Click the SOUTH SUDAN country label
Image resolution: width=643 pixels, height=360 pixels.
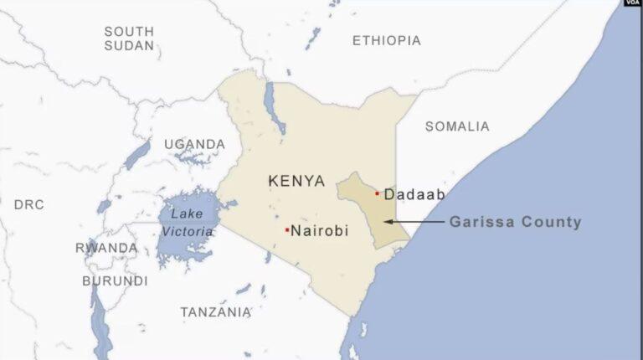(129, 38)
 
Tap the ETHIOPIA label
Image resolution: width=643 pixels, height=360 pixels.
(386, 40)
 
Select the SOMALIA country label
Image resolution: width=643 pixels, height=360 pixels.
(457, 126)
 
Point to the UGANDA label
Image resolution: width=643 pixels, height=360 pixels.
(194, 144)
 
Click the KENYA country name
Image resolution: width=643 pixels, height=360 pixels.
(296, 181)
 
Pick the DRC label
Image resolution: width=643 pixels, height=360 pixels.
(29, 204)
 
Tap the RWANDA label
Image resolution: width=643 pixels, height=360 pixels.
(106, 248)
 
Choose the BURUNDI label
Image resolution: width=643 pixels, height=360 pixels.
(115, 281)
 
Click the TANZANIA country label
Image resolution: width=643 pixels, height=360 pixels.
(215, 312)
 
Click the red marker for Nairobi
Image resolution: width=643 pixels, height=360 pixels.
(287, 229)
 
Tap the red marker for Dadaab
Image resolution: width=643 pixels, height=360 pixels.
(377, 193)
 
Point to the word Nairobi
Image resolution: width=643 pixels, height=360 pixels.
(319, 230)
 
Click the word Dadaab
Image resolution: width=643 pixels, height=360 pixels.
(414, 194)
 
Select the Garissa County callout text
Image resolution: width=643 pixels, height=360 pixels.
(515, 223)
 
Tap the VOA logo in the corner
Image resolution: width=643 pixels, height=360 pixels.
(632, 4)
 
